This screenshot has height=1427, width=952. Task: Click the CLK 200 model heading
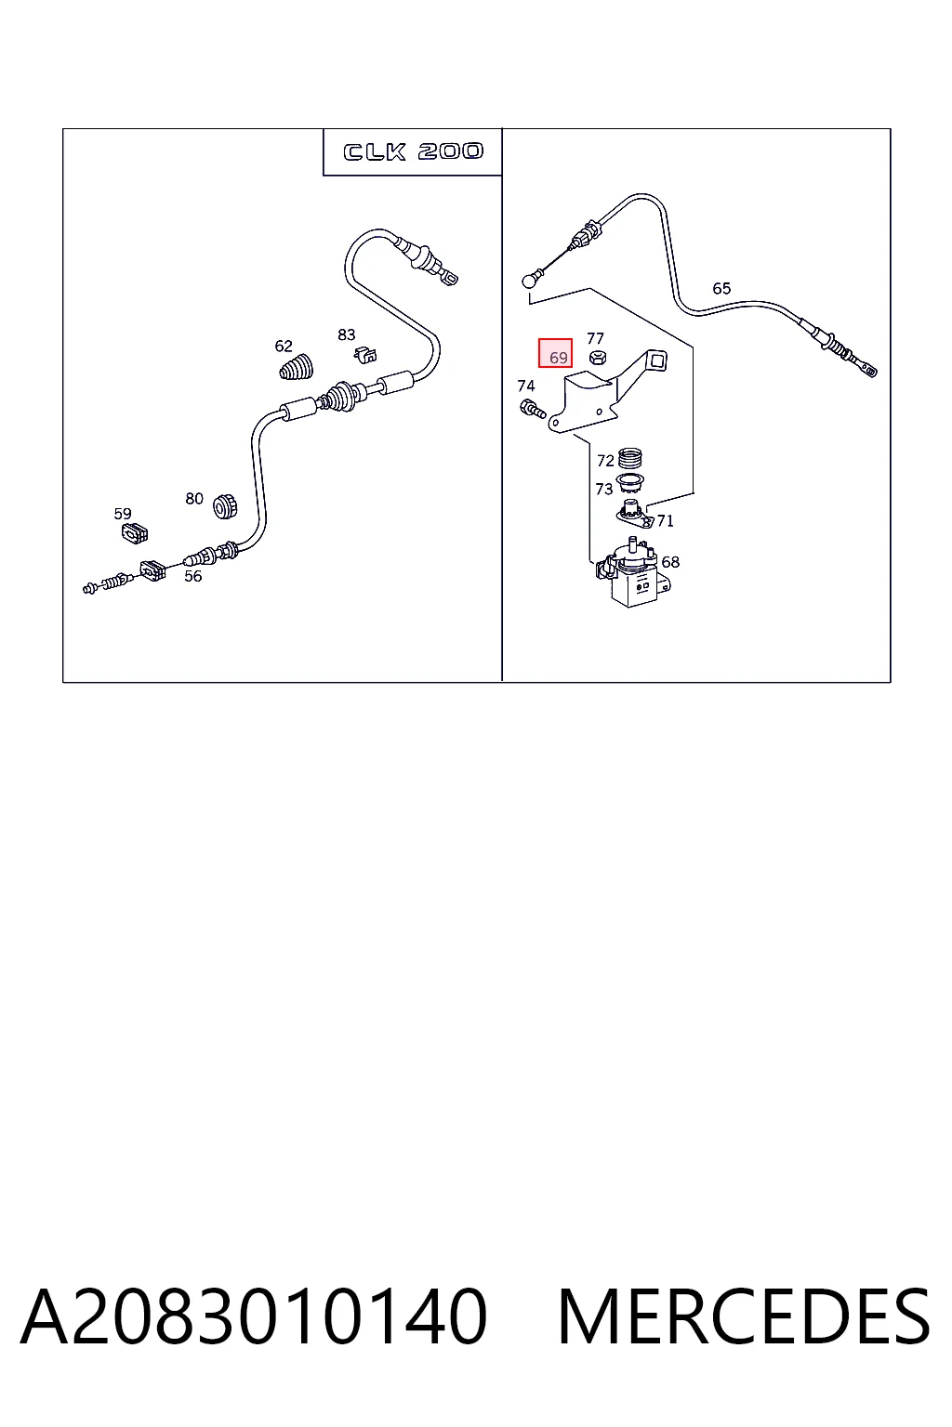coord(413,151)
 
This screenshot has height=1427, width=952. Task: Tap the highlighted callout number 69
coord(558,358)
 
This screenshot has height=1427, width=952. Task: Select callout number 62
coord(284,346)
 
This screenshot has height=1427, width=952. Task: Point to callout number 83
coord(346,334)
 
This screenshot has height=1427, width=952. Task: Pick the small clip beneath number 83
coord(364,355)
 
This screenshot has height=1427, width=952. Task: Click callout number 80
coord(194,498)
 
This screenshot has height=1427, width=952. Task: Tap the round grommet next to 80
coord(224,505)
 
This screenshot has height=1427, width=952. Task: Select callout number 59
coord(123,514)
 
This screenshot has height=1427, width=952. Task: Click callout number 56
coord(192,576)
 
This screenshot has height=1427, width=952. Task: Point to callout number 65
coord(721,289)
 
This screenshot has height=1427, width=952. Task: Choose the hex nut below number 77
coord(598,358)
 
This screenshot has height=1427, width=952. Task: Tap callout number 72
coord(605,461)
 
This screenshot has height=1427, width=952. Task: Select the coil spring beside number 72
coord(629,458)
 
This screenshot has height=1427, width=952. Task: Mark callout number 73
coord(604,490)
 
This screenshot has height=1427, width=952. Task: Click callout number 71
coord(665,521)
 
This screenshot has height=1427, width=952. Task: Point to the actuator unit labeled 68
coord(632,572)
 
